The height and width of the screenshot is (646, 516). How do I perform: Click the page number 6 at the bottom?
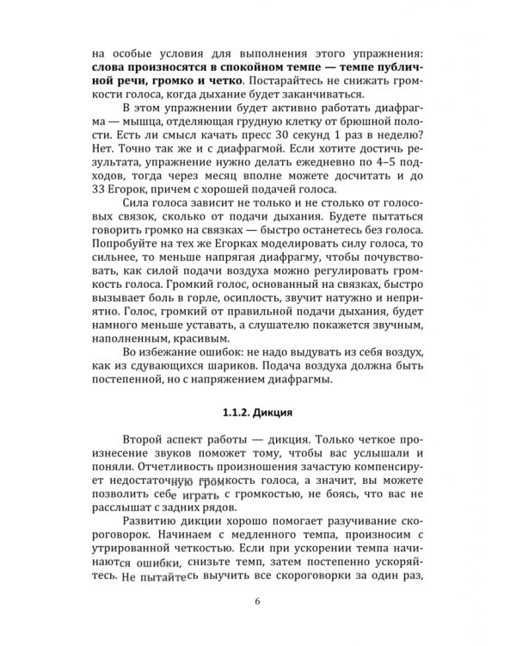click(x=257, y=601)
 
